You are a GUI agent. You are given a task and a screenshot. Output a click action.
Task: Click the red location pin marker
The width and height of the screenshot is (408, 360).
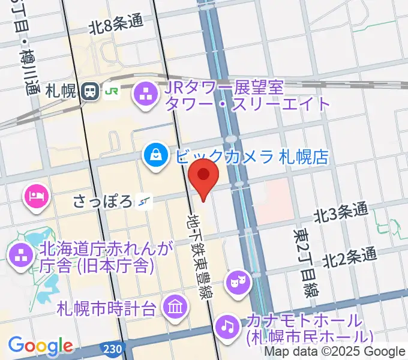(x=204, y=175)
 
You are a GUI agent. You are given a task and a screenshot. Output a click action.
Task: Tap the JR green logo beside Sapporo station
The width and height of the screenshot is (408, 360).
(x=112, y=92)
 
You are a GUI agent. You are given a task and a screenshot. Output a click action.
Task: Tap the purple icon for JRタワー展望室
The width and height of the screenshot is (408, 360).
(x=145, y=94)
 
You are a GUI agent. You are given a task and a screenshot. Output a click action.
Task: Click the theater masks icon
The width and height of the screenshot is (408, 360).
(x=238, y=281)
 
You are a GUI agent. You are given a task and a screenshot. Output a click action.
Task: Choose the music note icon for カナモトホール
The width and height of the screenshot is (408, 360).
(x=226, y=326)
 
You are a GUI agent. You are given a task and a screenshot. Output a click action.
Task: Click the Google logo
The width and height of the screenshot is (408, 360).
(x=40, y=346)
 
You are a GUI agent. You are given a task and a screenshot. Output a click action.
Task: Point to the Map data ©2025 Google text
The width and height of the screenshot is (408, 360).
(x=335, y=352)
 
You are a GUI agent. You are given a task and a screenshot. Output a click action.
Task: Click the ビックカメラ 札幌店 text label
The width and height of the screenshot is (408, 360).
(x=252, y=157)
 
